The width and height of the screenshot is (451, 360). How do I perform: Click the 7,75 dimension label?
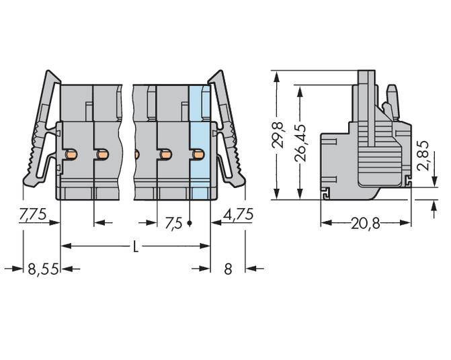tap(32, 215)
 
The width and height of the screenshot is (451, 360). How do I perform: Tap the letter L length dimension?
tap(135, 246)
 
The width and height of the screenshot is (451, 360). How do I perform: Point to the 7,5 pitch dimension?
tap(173, 223)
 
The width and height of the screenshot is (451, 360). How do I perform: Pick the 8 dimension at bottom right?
tap(228, 269)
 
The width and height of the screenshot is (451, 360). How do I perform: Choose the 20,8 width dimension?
tap(365, 224)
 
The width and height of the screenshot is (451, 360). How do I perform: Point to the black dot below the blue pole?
tap(190, 223)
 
